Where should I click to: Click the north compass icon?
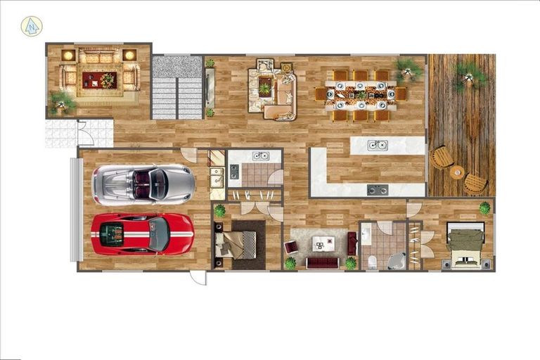pos(32,26)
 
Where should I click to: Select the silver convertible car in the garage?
pos(143,184)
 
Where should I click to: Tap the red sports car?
pos(142,233)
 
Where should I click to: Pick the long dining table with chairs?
pos(361,94)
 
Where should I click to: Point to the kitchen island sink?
pos(377,146)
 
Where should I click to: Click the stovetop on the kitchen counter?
pos(377,190)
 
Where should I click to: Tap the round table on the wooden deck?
pos(457,172)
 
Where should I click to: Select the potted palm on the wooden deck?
pos(468,75)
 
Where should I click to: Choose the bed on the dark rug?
pos(238,244)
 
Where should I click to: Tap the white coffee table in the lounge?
pos(323,243)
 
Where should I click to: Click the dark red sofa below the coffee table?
pos(323,262)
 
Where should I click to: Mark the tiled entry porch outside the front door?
pos(63,134)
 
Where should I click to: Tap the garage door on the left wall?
pos(75,210)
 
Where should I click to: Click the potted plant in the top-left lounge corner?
pos(62,103)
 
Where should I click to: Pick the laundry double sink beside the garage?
pos(216,177)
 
